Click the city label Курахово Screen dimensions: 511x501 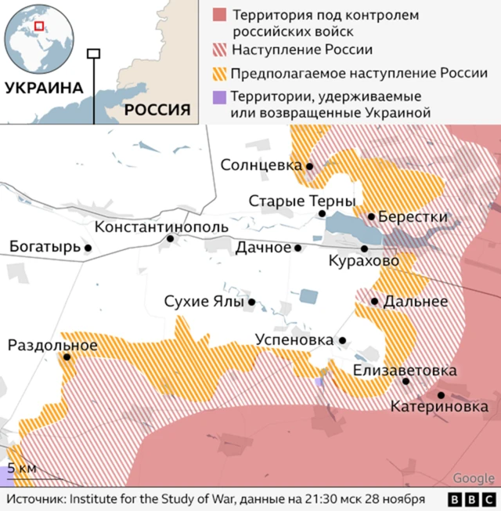[363, 260]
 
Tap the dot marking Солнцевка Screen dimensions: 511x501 [310, 166]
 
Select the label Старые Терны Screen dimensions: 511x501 [301, 201]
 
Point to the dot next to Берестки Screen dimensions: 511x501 [371, 216]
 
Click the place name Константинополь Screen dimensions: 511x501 [161, 227]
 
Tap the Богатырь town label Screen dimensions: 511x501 [45, 248]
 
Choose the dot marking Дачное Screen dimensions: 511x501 [297, 248]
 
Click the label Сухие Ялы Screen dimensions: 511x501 [204, 302]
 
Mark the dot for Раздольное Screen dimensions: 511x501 [67, 357]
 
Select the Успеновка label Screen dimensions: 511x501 [294, 340]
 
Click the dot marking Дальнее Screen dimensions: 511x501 [375, 301]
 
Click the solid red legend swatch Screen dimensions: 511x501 [220, 16]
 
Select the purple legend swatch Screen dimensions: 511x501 [220, 97]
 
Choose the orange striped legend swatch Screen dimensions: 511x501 [220, 74]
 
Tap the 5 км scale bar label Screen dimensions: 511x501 [21, 468]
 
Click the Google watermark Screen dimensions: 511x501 [474, 478]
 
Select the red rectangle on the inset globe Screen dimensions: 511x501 [38, 26]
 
